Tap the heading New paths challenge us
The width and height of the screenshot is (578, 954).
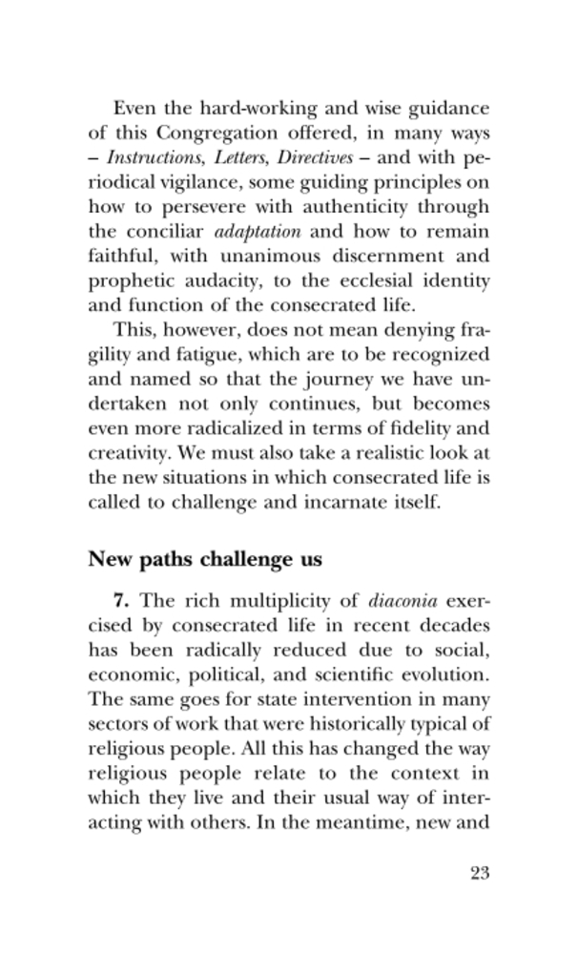[x=205, y=560]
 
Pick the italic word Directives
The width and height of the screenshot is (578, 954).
[x=306, y=156]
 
